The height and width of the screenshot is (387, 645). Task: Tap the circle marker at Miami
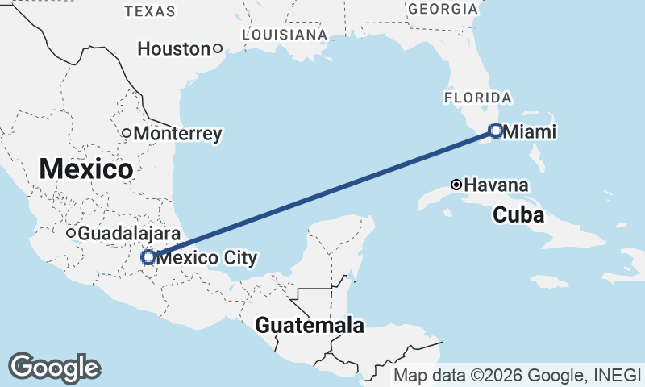(496, 130)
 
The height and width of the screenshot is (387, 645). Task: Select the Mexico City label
(207, 258)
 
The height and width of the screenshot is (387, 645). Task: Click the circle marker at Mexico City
(148, 257)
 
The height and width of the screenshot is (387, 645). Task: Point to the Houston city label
(173, 49)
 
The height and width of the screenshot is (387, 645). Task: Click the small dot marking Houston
(217, 48)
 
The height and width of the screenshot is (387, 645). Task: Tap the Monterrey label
(177, 134)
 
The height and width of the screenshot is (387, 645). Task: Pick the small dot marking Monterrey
(127, 133)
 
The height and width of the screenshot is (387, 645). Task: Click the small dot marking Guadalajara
(71, 233)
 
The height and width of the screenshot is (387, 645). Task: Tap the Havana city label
(497, 185)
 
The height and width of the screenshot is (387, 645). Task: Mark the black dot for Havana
(456, 185)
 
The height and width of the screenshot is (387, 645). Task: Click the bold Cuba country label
(518, 215)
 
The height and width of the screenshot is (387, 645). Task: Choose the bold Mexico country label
(85, 169)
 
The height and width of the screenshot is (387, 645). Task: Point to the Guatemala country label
(310, 326)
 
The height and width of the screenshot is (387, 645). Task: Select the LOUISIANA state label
(285, 35)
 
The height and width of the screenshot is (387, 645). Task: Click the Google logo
(55, 367)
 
